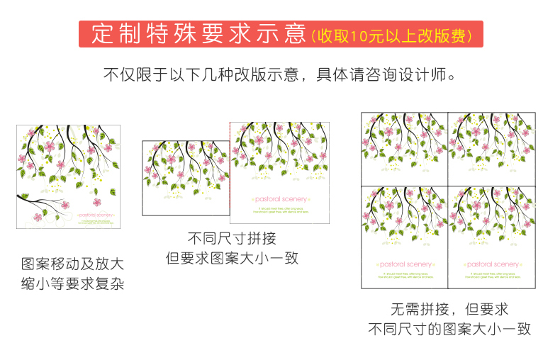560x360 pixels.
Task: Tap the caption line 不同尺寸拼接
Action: click(232, 238)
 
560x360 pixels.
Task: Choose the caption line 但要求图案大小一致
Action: click(232, 258)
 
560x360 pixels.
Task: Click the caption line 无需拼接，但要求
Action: click(449, 309)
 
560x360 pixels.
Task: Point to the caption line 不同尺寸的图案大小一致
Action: click(449, 329)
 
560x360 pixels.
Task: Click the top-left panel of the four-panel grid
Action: click(405, 148)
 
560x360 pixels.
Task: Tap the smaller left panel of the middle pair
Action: click(186, 177)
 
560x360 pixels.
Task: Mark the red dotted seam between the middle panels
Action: click(230, 170)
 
